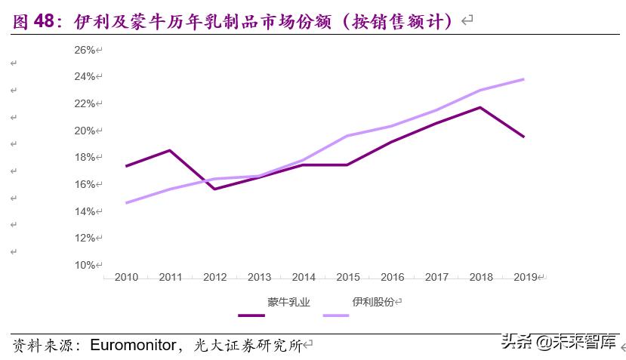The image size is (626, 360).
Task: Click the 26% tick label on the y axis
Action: coord(84,50)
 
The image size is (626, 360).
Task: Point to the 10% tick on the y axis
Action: coord(84,265)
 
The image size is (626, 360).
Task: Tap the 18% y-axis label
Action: coord(84,157)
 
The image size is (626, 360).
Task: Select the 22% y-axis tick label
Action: coord(84,103)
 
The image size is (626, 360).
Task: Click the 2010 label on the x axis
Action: coord(126,277)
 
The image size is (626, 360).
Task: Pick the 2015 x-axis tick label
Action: coord(347,277)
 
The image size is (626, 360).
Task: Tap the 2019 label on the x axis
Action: coord(525,277)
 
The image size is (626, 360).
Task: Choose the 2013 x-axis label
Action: coord(259,277)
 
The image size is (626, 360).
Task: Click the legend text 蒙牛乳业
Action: coord(288,302)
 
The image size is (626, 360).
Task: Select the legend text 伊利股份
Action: coord(372,302)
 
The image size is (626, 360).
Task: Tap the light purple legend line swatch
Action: coord(336,315)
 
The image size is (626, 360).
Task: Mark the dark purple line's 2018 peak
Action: coord(480,107)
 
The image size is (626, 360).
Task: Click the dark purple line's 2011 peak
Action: coord(171,150)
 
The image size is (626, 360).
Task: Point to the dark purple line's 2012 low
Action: coord(215,189)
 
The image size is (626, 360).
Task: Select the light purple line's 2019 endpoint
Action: coord(524,79)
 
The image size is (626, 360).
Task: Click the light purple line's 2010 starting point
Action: coord(126,203)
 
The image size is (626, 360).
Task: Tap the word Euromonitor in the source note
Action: coord(133,346)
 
